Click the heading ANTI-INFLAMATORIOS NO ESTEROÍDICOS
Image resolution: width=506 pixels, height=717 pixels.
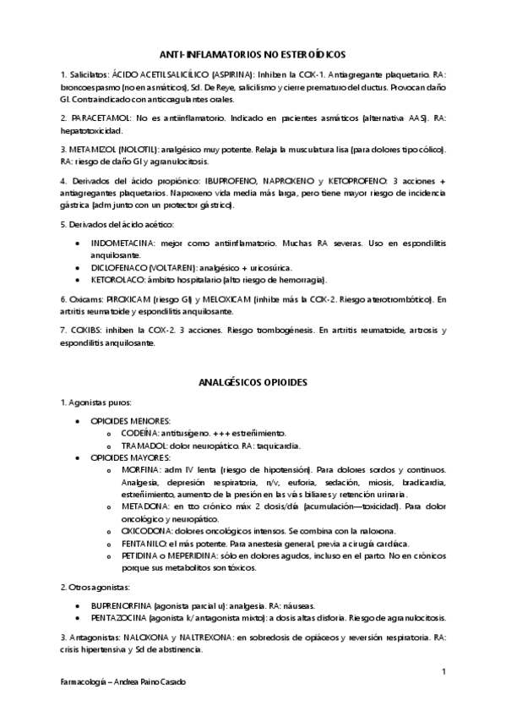[x=253, y=52]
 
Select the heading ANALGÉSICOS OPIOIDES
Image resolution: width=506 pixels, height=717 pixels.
[x=253, y=382]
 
